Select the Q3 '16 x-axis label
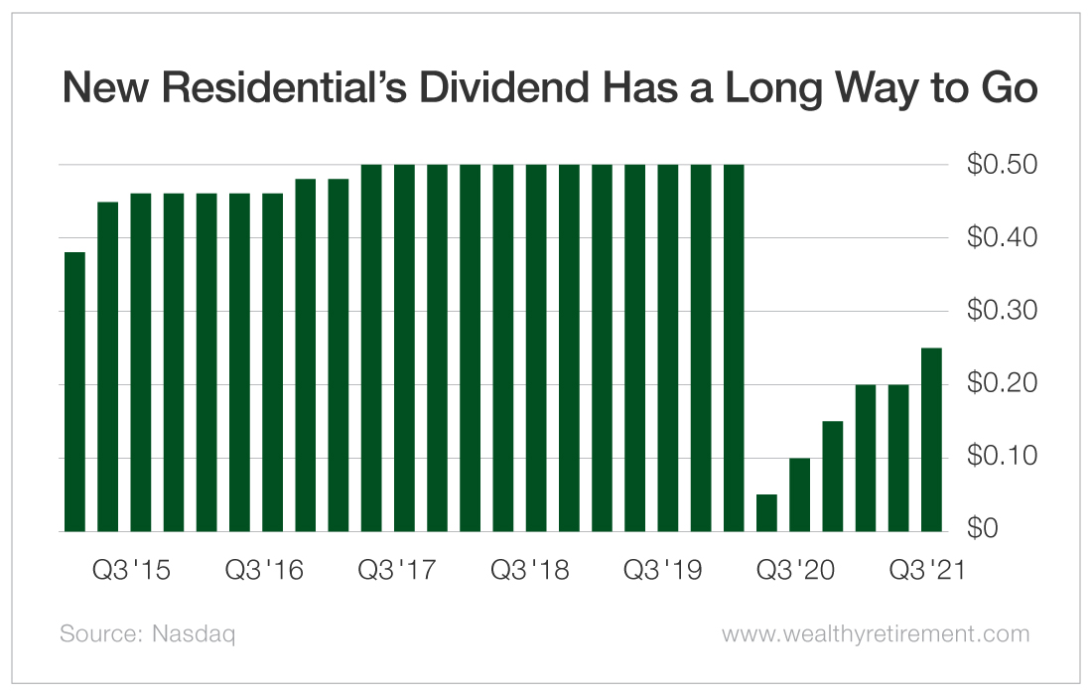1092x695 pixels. click(x=263, y=571)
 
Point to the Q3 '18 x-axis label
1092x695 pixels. click(x=529, y=571)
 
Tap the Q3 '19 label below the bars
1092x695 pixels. click(x=661, y=571)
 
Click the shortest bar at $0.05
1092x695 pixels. click(x=766, y=512)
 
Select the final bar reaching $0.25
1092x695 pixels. click(x=931, y=440)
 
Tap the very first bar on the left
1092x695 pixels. click(x=74, y=392)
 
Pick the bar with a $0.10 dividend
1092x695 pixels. click(x=799, y=494)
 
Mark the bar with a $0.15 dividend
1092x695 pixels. click(x=832, y=477)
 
